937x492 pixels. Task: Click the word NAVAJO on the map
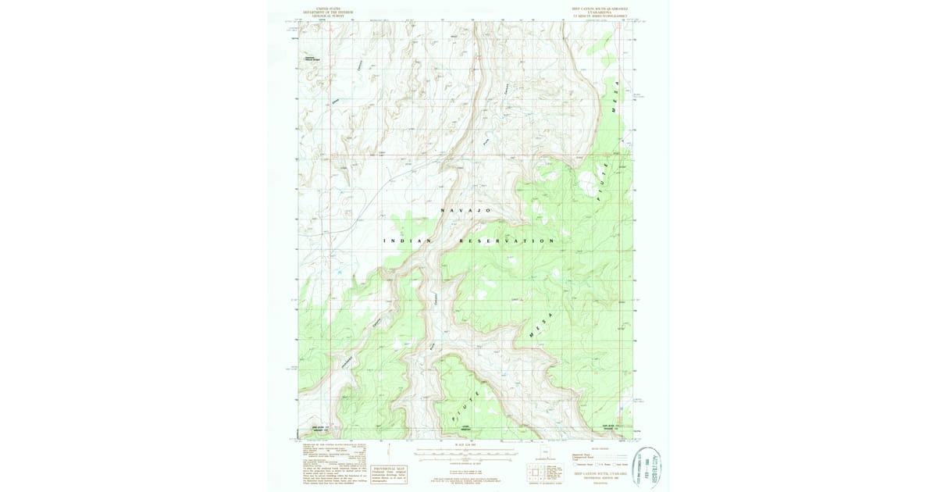466,211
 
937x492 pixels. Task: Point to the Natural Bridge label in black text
312,59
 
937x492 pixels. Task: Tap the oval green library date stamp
647,468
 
